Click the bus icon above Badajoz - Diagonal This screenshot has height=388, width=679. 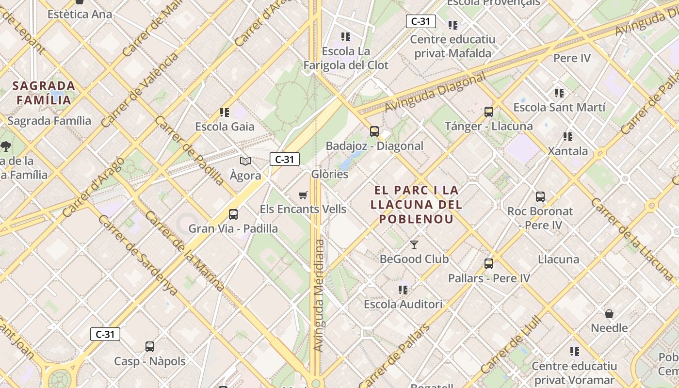374,131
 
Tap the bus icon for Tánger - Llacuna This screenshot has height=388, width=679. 489,112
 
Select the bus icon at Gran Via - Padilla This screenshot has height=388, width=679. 233,214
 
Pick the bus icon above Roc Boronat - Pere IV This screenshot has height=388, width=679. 540,197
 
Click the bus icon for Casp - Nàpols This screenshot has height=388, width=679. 150,347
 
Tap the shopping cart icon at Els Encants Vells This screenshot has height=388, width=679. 303,195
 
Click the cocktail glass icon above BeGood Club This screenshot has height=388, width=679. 414,244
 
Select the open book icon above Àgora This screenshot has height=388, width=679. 245,162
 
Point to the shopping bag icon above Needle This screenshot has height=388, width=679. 609,314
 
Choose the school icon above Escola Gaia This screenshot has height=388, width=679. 225,113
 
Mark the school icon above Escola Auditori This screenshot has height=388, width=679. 403,290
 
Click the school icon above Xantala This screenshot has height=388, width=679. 568,137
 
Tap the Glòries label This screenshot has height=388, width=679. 330,174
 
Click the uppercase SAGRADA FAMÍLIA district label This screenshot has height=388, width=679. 44,93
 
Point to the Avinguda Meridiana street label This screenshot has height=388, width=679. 319,295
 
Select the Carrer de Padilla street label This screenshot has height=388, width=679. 190,150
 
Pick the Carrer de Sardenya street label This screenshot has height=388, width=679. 137,254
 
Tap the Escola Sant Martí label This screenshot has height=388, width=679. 559,107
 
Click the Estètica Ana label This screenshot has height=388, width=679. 80,14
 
